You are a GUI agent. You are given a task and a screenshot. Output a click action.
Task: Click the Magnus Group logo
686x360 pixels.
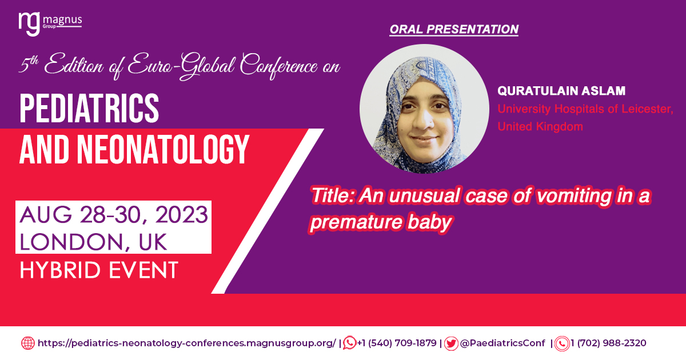pyautogui.click(x=50, y=24)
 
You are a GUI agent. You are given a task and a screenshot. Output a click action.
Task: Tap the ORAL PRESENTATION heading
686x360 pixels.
pyautogui.click(x=454, y=29)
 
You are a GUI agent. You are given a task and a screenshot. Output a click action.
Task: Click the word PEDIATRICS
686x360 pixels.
pyautogui.click(x=89, y=109)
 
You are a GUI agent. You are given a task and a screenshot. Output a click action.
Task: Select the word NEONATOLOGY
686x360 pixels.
pyautogui.click(x=163, y=150)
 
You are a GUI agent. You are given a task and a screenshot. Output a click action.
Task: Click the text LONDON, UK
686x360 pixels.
pyautogui.click(x=93, y=242)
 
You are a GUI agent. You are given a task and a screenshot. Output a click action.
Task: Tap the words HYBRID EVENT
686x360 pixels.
pyautogui.click(x=99, y=270)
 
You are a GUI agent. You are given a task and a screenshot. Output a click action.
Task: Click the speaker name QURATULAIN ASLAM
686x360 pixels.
pyautogui.click(x=561, y=91)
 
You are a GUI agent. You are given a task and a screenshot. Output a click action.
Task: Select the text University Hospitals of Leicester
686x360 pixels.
pyautogui.click(x=585, y=109)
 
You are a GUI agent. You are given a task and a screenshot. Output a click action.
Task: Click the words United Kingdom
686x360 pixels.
pyautogui.click(x=540, y=126)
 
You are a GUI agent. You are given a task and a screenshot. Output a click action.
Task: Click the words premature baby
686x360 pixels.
pyautogui.click(x=381, y=222)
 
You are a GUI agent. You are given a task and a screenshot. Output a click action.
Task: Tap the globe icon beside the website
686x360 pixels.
pyautogui.click(x=28, y=343)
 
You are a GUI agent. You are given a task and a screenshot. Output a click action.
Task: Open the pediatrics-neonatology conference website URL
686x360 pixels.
pyautogui.click(x=186, y=343)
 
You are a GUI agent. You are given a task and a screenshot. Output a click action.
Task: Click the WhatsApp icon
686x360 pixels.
pyautogui.click(x=350, y=343)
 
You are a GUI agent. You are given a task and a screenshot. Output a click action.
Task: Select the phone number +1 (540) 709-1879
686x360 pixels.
pyautogui.click(x=397, y=343)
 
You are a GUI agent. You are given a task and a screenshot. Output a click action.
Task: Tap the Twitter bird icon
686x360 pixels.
pyautogui.click(x=451, y=343)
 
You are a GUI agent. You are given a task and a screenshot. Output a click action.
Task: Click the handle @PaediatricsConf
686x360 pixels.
pyautogui.click(x=502, y=343)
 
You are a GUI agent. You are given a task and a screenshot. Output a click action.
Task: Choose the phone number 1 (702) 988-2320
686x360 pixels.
pyautogui.click(x=608, y=343)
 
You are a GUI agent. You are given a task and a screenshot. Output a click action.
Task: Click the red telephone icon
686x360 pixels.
pyautogui.click(x=562, y=343)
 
